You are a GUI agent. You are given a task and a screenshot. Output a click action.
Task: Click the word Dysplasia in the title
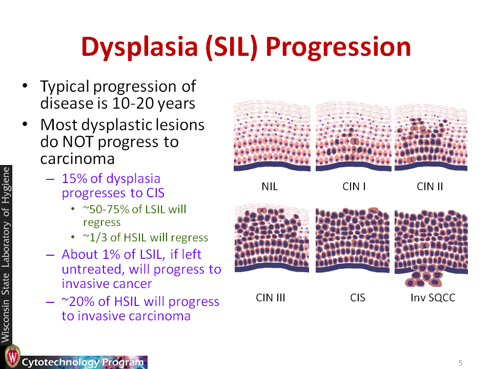[139, 47]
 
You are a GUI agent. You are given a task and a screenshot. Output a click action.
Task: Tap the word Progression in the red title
[338, 47]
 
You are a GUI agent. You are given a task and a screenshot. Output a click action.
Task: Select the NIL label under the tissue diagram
[270, 187]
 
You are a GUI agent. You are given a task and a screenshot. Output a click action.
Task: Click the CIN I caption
[354, 187]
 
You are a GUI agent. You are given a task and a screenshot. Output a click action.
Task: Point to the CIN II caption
[429, 187]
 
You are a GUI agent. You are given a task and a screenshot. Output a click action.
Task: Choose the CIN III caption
[271, 297]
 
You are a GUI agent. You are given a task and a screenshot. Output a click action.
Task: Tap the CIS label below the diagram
[357, 297]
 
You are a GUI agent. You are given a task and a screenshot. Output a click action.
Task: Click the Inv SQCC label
[433, 297]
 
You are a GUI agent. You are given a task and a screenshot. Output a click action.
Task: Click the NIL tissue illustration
[272, 136]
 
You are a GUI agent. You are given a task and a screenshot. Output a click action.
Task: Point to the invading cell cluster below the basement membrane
[424, 276]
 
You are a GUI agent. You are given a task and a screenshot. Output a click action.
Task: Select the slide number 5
[460, 363]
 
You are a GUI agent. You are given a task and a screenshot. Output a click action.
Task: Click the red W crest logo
[12, 356]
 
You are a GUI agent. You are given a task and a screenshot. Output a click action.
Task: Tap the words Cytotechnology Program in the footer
[83, 362]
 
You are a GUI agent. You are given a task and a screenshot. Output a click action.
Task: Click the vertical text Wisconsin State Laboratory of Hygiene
[6, 254]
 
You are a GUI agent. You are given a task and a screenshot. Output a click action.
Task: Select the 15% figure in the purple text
[74, 178]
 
